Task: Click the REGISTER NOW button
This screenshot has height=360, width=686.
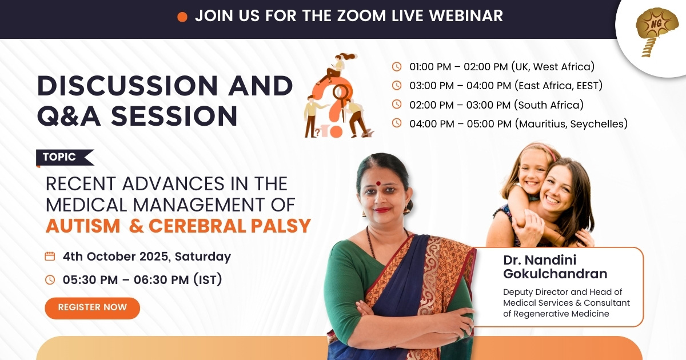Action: (x=92, y=308)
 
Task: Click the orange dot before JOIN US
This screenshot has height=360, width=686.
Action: (x=182, y=17)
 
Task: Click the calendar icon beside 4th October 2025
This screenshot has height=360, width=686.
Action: (x=50, y=256)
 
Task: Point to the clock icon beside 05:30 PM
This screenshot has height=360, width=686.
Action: (x=50, y=279)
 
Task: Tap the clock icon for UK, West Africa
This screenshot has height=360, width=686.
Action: (x=397, y=66)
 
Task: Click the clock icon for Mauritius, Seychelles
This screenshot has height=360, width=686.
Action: (x=397, y=123)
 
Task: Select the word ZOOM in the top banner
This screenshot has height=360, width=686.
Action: (x=361, y=16)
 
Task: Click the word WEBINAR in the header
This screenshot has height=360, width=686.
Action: (x=466, y=16)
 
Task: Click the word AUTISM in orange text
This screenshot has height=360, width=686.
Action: (x=83, y=226)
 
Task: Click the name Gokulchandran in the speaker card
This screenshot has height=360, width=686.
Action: (x=555, y=274)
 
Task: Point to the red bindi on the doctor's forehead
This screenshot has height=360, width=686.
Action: (x=378, y=183)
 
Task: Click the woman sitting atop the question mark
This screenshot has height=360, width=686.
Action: (x=336, y=68)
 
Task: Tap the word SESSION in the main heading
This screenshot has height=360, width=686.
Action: (x=174, y=115)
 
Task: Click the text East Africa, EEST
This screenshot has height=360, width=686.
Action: (x=559, y=85)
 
